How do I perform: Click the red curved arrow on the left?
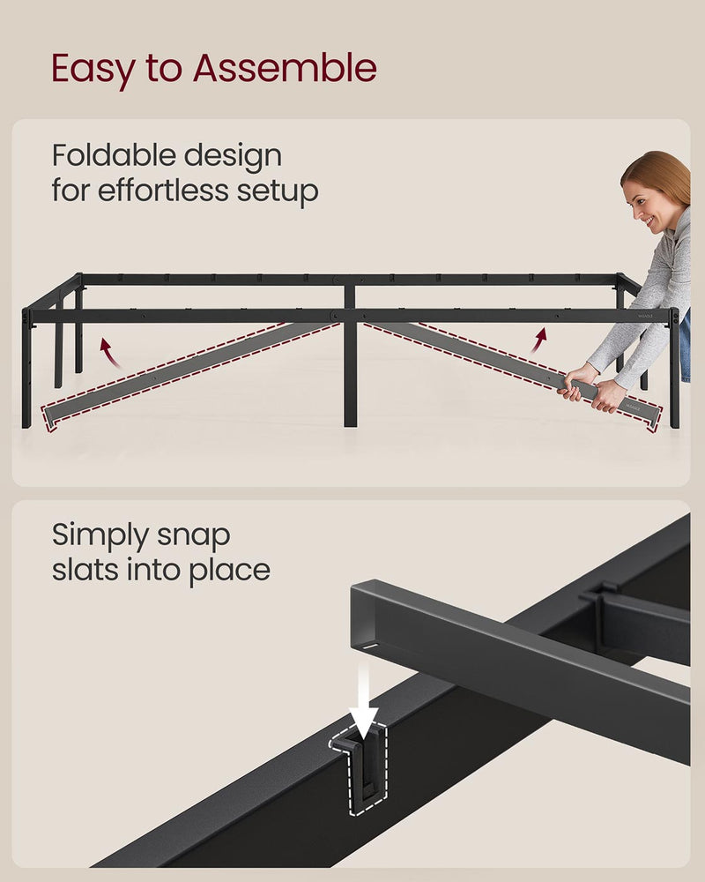tap(108, 349)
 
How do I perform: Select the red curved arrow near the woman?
tap(538, 340)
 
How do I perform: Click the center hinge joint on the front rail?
tap(337, 316)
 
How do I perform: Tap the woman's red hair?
tap(666, 172)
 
